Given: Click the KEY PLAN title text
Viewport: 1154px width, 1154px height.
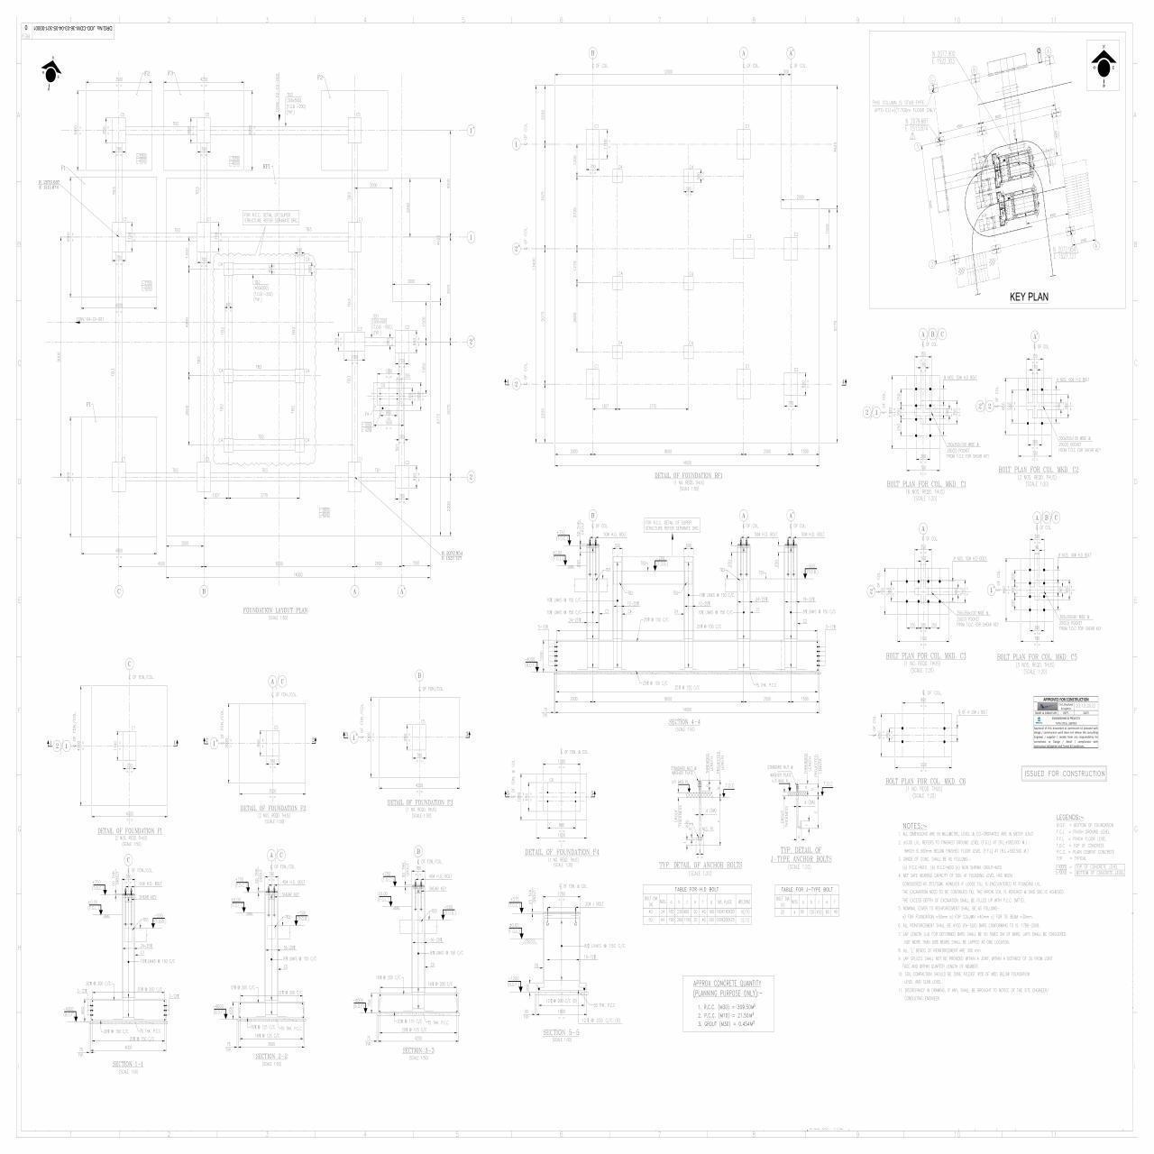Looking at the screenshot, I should pos(1029,297).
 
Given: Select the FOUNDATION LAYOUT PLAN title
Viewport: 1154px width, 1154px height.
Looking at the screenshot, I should pos(276,610).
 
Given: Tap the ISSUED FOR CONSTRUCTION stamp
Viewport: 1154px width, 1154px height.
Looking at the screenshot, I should pos(1064,774).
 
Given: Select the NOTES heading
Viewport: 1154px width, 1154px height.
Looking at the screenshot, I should pos(914,826).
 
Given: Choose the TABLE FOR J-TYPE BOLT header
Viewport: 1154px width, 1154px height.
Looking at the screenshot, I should pos(805,890).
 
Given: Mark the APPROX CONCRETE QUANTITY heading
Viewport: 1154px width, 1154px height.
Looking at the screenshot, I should pos(728,983).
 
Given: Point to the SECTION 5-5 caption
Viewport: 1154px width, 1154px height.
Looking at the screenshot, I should pos(562,1032).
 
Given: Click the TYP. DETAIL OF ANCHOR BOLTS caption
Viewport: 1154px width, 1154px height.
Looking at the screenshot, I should pos(701,865).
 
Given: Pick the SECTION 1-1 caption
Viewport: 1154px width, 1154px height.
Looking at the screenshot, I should pos(128,1065).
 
